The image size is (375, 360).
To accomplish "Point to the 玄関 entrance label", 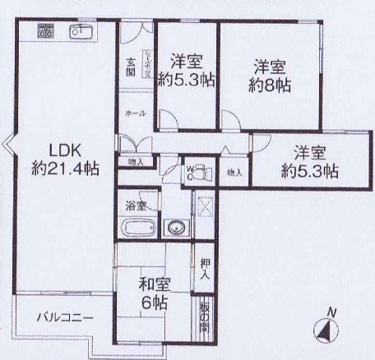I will pos(131,66).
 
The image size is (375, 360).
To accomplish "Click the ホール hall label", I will pos(136,113).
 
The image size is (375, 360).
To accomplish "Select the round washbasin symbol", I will pos(174,228).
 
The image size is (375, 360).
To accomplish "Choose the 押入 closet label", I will pos(206,269).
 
